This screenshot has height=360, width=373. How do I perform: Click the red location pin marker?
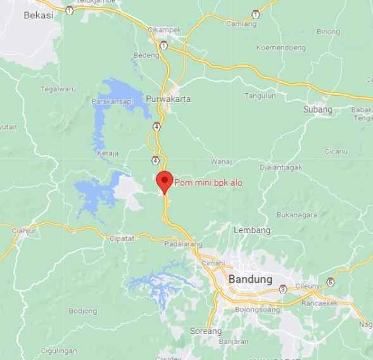(165, 181)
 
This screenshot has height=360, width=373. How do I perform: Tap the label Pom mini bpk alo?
(208, 183)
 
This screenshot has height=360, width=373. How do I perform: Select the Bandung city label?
(250, 280)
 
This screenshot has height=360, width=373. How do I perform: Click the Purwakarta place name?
(168, 100)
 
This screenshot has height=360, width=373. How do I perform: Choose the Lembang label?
(252, 229)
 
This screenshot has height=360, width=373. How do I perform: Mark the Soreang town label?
(205, 331)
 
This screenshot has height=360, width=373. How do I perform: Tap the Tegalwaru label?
(58, 89)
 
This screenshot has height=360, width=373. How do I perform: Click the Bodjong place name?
(82, 311)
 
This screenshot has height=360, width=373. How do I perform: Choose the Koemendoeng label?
(281, 48)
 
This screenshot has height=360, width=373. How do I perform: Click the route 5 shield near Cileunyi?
(330, 281)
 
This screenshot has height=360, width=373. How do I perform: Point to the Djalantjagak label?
(281, 167)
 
